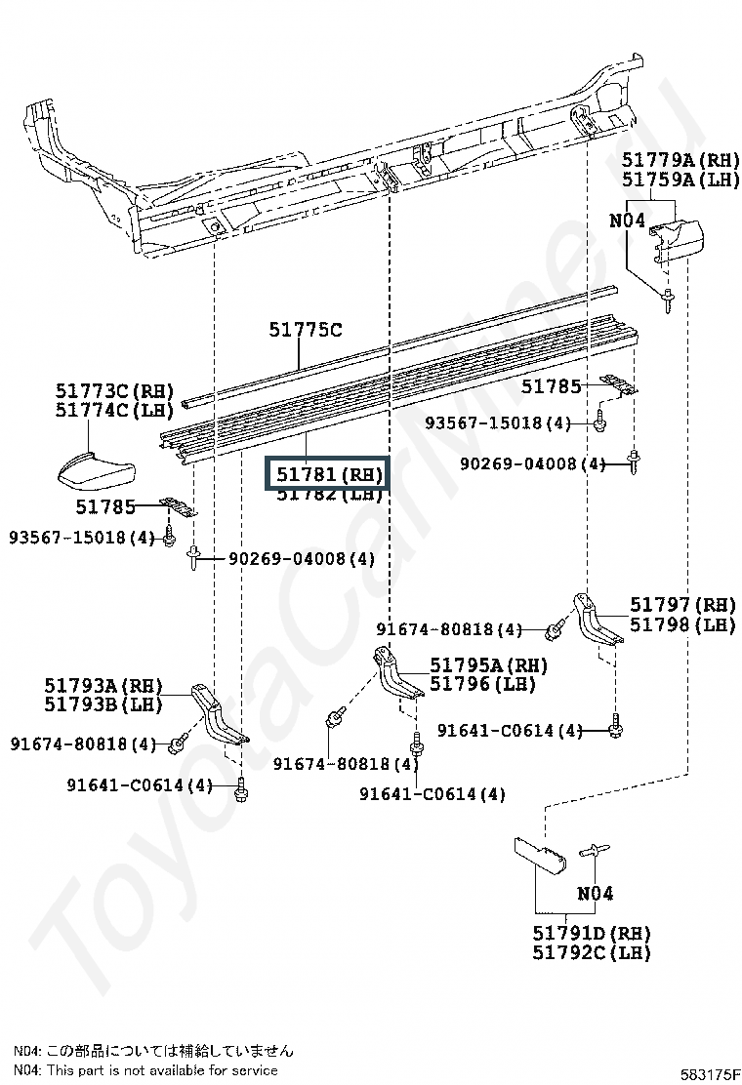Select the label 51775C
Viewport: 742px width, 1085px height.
[306, 330]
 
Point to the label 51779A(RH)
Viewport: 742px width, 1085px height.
[681, 160]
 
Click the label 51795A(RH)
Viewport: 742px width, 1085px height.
[488, 665]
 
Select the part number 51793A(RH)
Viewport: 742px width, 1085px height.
[103, 685]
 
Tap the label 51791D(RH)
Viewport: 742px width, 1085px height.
[592, 933]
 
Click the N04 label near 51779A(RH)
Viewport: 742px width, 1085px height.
[627, 221]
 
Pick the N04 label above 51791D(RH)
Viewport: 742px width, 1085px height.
[595, 893]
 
